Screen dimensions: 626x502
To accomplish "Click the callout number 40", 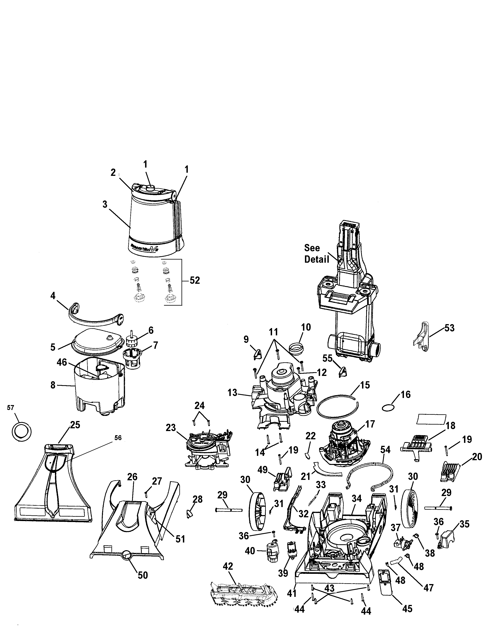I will pos(250,551).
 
